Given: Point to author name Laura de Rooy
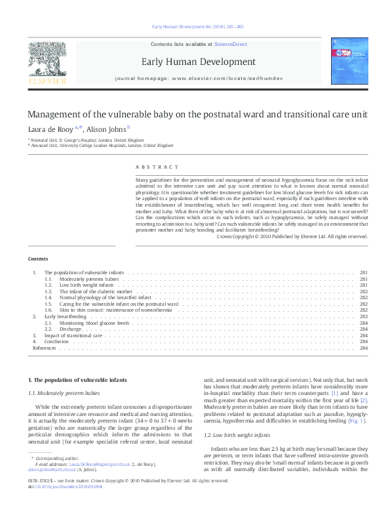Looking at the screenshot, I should [49, 129].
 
